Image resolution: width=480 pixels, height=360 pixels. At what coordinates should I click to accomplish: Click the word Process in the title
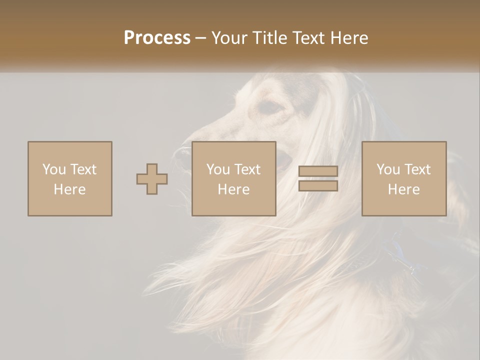click(x=157, y=38)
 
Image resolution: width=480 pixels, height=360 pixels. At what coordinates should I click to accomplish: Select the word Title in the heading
click(x=269, y=38)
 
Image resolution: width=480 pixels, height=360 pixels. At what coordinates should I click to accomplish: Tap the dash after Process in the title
click(x=200, y=38)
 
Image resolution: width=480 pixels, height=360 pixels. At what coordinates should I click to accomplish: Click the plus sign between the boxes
click(x=152, y=178)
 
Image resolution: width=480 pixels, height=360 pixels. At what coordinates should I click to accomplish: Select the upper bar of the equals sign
click(x=318, y=171)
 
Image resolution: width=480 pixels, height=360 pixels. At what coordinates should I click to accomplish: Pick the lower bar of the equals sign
click(x=318, y=186)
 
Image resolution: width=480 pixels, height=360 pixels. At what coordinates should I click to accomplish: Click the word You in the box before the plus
click(x=53, y=169)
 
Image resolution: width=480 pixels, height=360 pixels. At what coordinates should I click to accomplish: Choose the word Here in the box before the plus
click(x=69, y=189)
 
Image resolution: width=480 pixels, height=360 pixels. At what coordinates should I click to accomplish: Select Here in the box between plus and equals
click(x=233, y=189)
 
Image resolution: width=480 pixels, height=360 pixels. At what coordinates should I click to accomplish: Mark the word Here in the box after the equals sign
click(x=403, y=189)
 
